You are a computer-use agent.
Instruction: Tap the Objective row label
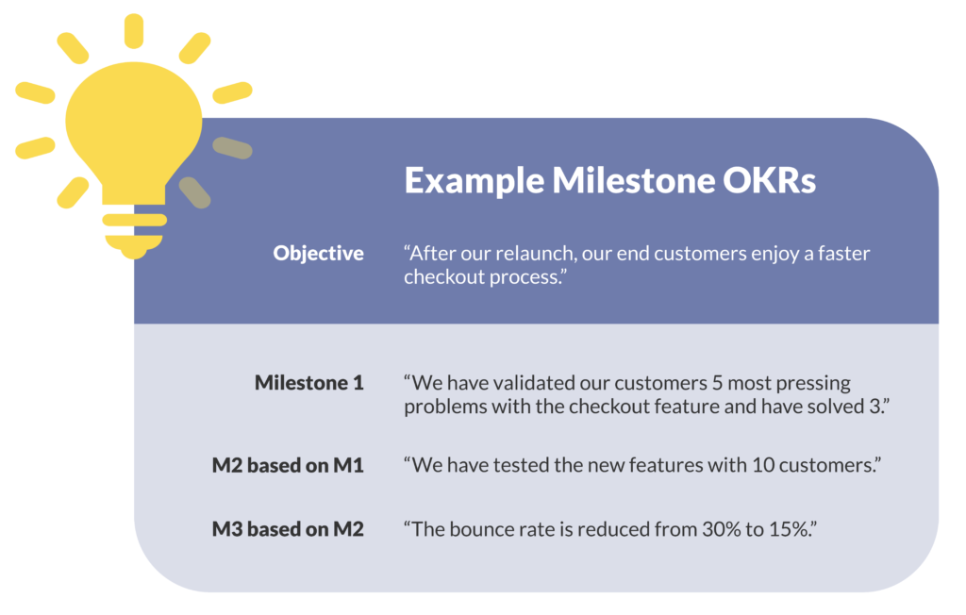(318, 253)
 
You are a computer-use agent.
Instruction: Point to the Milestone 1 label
(308, 383)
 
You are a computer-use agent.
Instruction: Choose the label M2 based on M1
(288, 465)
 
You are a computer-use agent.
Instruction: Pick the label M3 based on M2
(288, 529)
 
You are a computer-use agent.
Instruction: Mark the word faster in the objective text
(841, 253)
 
